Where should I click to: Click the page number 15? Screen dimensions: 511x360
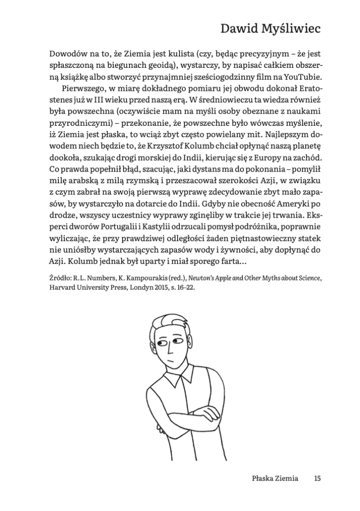click(317, 479)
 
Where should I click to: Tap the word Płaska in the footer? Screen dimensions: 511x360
click(263, 479)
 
